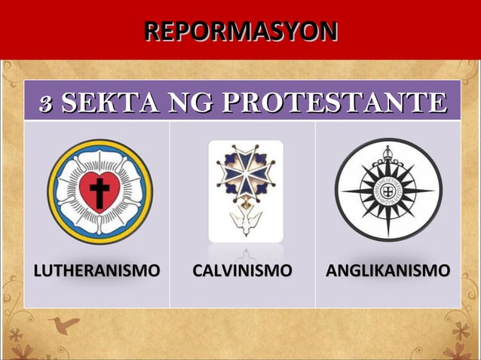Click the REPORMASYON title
240,32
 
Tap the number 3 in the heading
45,104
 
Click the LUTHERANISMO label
96,270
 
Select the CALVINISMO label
241,270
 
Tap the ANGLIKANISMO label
388,270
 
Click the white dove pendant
247,221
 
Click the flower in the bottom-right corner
461,335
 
